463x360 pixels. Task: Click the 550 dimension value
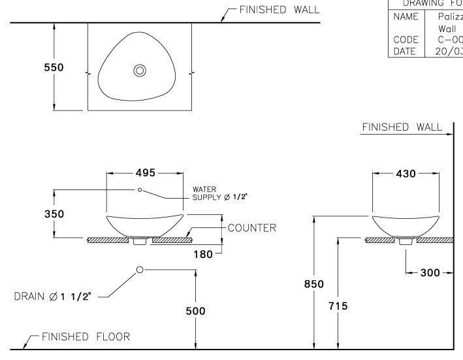(54, 69)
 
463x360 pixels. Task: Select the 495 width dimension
(145, 173)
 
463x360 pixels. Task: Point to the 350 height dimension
(54, 214)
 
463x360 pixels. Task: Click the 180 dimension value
(203, 254)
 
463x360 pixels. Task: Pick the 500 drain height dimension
(195, 311)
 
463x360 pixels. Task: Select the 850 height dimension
(315, 284)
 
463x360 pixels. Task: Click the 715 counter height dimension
(338, 305)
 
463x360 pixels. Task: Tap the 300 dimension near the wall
(429, 272)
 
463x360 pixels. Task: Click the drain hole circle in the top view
(140, 71)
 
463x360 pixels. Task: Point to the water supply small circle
(140, 189)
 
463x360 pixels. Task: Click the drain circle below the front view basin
(140, 269)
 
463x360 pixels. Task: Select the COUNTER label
(251, 228)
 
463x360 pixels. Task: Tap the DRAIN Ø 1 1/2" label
(56, 297)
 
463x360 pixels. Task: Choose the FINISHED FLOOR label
(86, 336)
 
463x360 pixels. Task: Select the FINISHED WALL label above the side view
(402, 127)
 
